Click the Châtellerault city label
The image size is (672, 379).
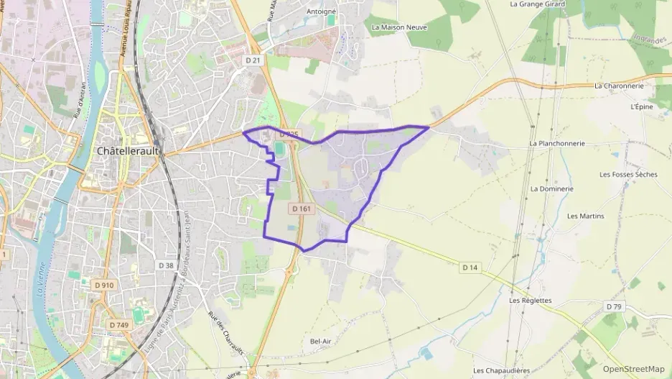(x=130, y=152)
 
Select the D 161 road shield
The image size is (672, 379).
(x=301, y=209)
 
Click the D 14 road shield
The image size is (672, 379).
(x=470, y=268)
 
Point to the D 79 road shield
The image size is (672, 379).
(x=613, y=306)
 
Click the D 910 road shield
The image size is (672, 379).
(x=104, y=285)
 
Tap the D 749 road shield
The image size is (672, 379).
(x=119, y=325)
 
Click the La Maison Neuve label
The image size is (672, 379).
(x=399, y=27)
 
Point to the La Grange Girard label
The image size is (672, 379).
(x=536, y=4)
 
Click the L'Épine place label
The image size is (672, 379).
(x=641, y=106)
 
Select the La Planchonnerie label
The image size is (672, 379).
(x=557, y=143)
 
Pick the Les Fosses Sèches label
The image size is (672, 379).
(x=628, y=174)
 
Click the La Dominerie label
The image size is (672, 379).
(x=551, y=188)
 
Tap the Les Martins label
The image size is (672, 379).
(x=585, y=216)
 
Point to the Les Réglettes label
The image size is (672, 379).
(x=530, y=300)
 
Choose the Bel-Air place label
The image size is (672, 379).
(x=320, y=340)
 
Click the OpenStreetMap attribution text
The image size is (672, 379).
(x=633, y=369)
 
